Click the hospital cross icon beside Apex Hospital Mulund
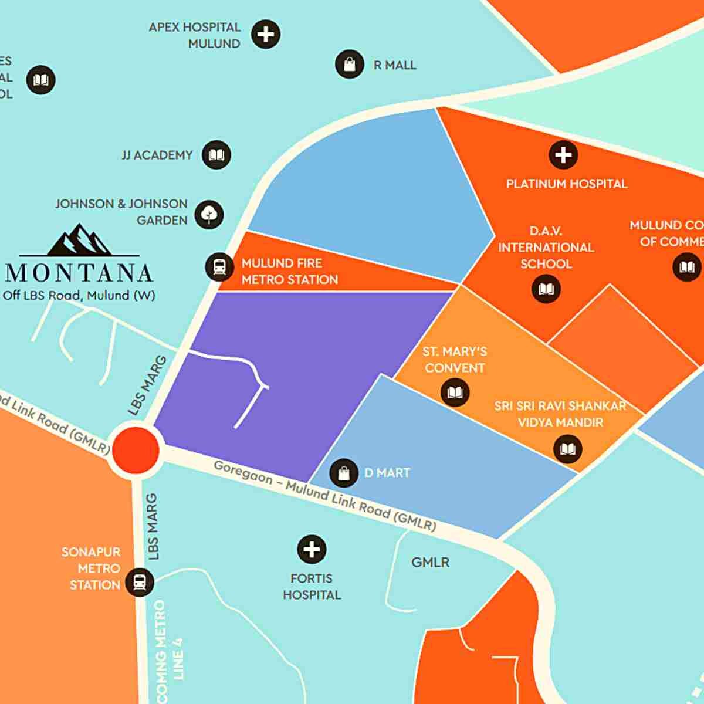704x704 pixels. click(x=266, y=35)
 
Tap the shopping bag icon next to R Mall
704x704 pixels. click(x=349, y=64)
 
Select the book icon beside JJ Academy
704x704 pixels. click(x=216, y=155)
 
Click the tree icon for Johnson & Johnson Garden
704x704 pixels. click(x=209, y=215)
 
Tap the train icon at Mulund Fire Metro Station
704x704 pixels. click(x=219, y=267)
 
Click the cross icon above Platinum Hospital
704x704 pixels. click(x=563, y=155)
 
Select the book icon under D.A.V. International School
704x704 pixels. click(x=546, y=289)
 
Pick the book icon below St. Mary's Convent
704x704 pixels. click(x=455, y=391)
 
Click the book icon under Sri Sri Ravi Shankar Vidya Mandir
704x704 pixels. click(x=567, y=449)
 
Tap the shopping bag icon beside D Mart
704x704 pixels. click(x=344, y=473)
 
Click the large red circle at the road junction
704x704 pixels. click(x=136, y=449)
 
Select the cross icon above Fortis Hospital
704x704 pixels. click(x=312, y=550)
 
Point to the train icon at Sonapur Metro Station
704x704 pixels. click(x=139, y=582)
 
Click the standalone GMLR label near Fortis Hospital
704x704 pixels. click(x=430, y=562)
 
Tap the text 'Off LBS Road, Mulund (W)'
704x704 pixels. click(x=79, y=296)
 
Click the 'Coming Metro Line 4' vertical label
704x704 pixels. click(x=170, y=651)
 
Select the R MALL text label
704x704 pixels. click(x=395, y=65)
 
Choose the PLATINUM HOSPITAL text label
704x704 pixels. click(x=567, y=184)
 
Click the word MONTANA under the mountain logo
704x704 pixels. click(x=79, y=273)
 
